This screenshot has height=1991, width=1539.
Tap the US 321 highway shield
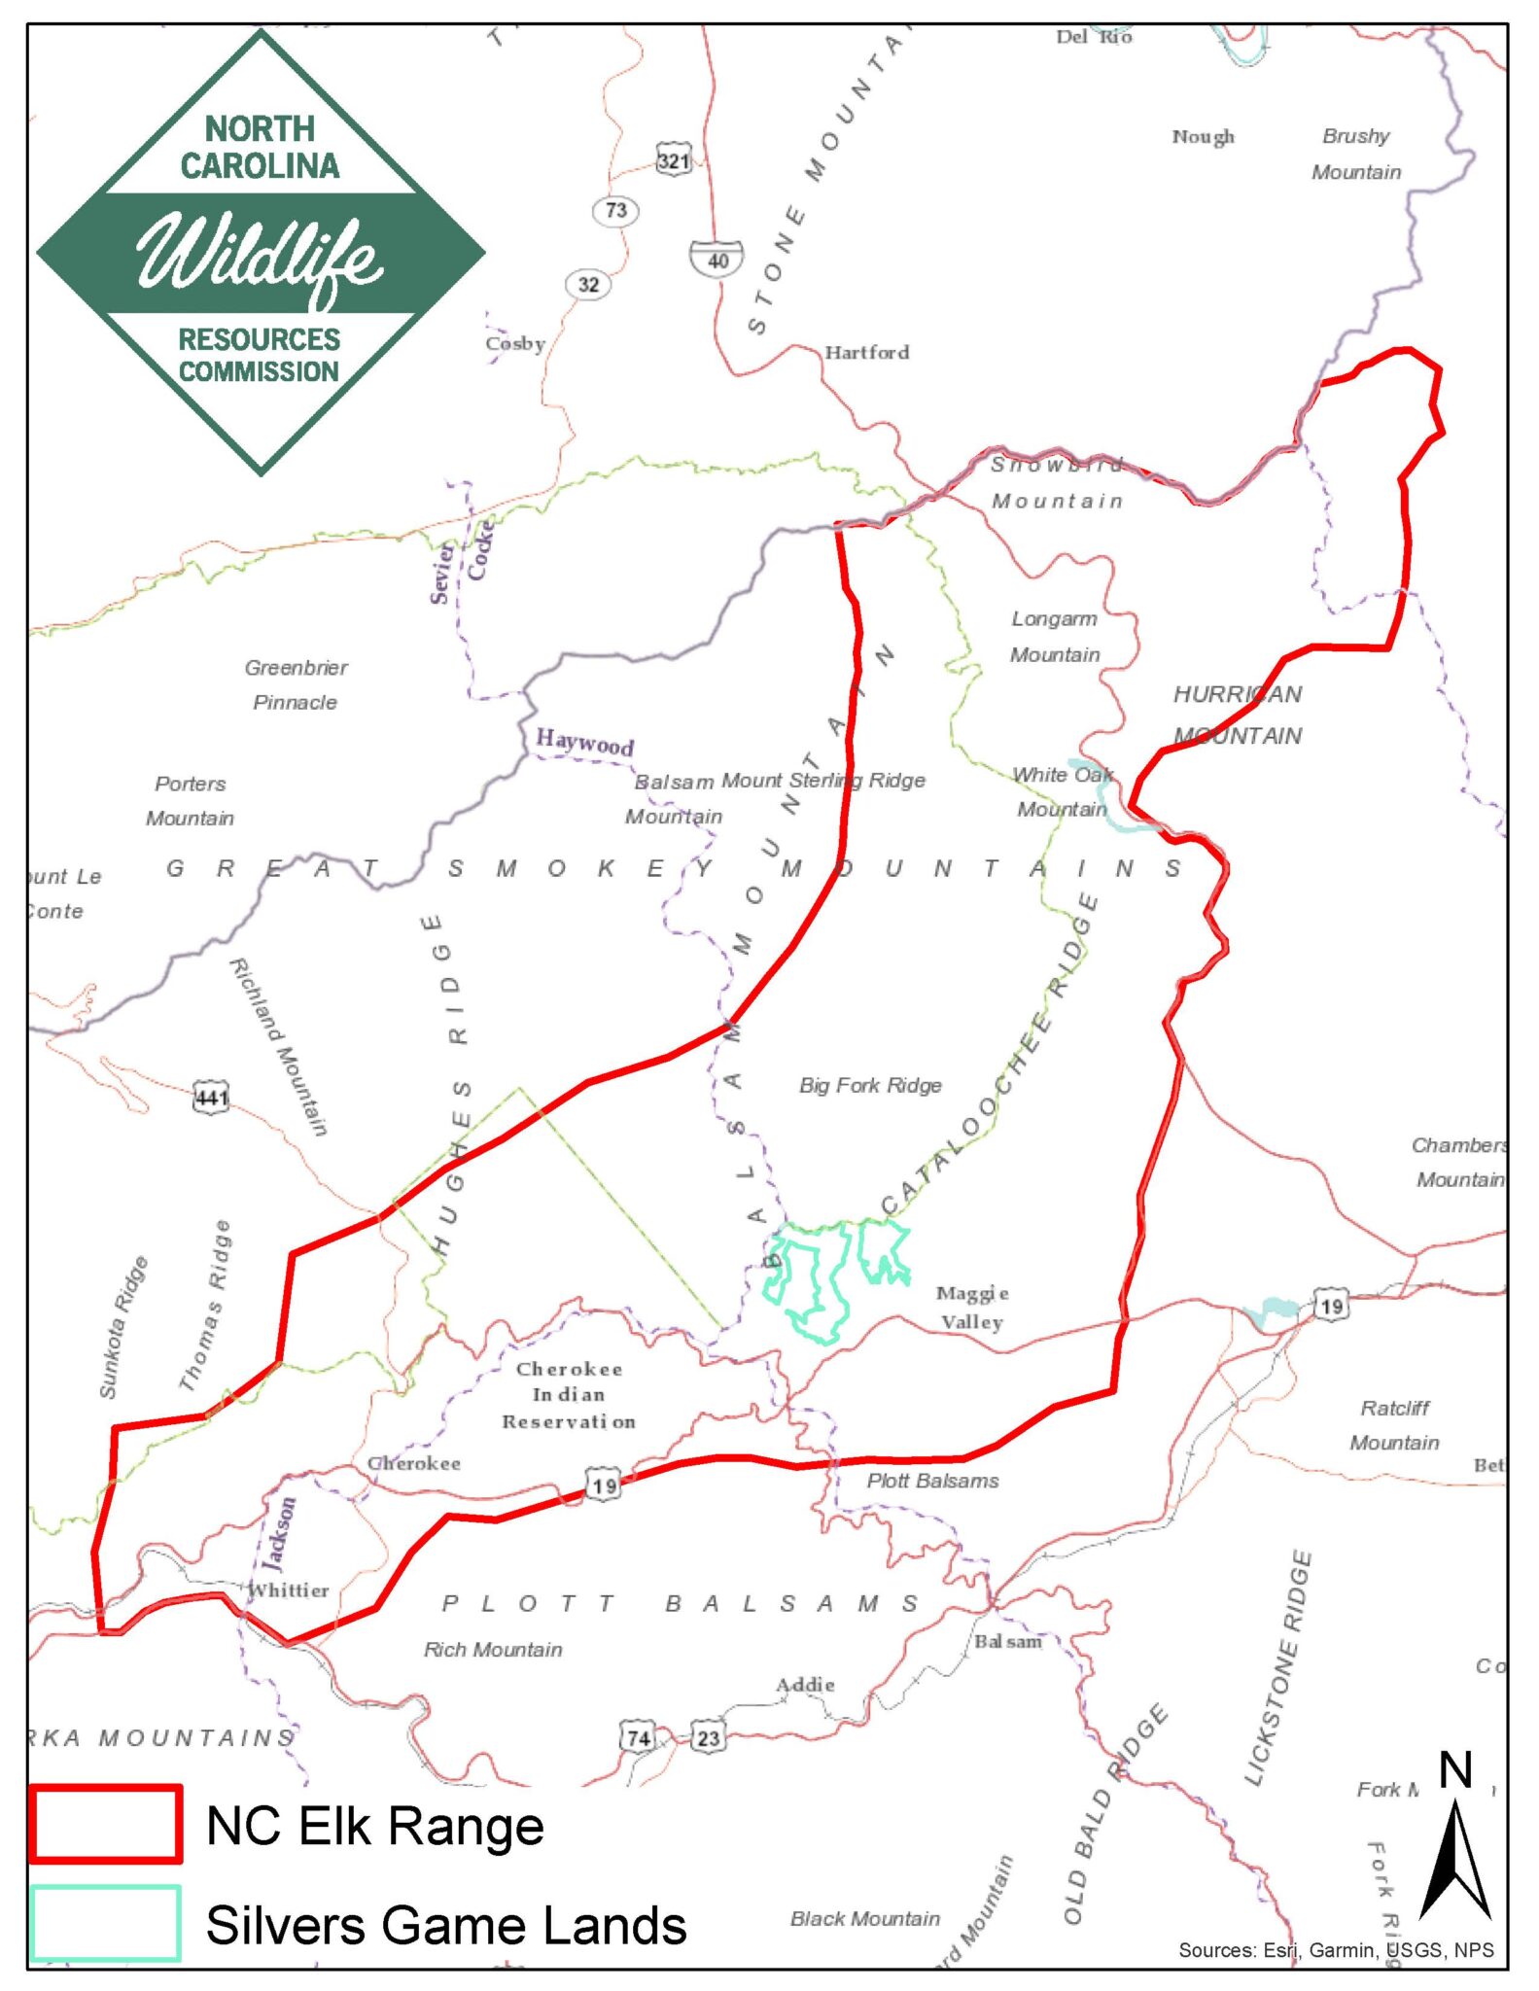click(x=674, y=159)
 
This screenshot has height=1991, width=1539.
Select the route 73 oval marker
click(x=615, y=210)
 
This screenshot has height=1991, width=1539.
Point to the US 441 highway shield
click(x=211, y=1098)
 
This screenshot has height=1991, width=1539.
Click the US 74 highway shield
click(x=638, y=1737)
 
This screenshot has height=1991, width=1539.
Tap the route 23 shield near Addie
click(x=708, y=1737)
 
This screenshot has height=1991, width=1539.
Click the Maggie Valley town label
click(x=971, y=1307)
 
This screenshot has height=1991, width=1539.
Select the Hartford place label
click(x=867, y=352)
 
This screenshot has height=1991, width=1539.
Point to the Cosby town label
click(x=515, y=343)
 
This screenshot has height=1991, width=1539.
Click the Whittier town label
click(x=289, y=1590)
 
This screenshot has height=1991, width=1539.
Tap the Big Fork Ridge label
click(x=870, y=1085)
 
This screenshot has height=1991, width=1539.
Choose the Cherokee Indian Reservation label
click(x=569, y=1395)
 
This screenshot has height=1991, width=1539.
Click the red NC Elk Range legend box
click(x=105, y=1824)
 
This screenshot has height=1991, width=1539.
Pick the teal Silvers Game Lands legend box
click(x=105, y=1923)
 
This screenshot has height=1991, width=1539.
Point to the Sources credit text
click(x=1335, y=1949)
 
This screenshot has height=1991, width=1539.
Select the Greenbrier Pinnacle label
click(x=296, y=684)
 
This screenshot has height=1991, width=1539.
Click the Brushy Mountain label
click(x=1356, y=154)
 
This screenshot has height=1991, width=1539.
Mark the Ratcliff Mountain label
click(x=1394, y=1425)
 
